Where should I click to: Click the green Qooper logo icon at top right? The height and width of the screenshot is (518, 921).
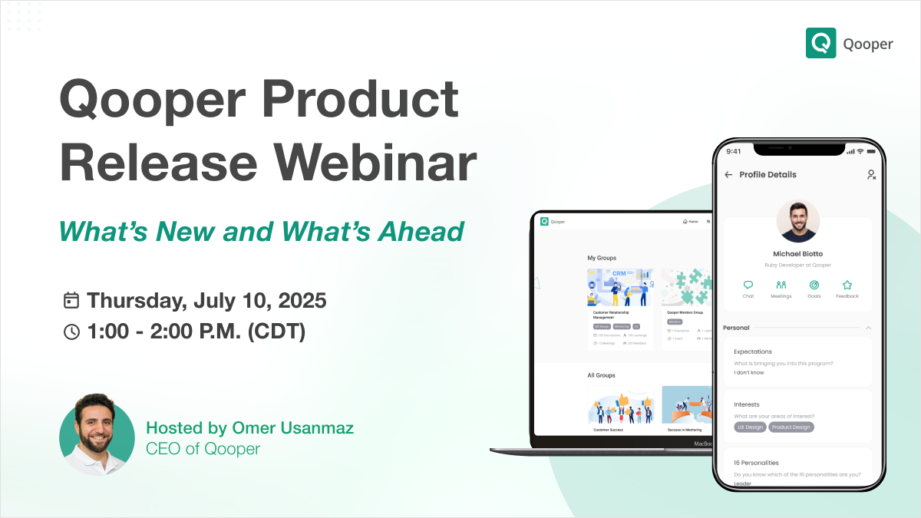(x=820, y=43)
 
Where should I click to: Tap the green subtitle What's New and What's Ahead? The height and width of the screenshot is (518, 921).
(x=262, y=231)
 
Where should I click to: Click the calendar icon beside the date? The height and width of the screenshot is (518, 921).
(x=71, y=300)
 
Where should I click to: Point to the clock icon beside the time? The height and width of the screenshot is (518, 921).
(x=71, y=332)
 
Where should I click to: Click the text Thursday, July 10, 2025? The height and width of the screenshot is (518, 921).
(x=206, y=300)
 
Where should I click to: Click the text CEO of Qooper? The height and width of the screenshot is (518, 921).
(x=203, y=449)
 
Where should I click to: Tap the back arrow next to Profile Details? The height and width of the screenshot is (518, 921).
(x=728, y=175)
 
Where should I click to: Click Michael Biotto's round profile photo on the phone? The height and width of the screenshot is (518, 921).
(x=797, y=222)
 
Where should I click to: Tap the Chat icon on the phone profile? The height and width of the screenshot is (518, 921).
(x=748, y=285)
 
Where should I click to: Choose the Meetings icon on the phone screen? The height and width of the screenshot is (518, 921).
(x=781, y=285)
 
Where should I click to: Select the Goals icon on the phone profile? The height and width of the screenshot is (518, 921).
(x=814, y=285)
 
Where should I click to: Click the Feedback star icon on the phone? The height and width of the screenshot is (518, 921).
(x=847, y=285)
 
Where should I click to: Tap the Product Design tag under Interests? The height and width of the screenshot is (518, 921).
(x=791, y=427)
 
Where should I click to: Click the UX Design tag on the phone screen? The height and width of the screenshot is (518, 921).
(x=750, y=427)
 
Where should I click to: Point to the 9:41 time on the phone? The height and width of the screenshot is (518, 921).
(x=734, y=151)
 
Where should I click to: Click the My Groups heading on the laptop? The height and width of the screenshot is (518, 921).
(x=602, y=258)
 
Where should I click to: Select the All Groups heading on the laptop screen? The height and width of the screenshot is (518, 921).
(x=601, y=375)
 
